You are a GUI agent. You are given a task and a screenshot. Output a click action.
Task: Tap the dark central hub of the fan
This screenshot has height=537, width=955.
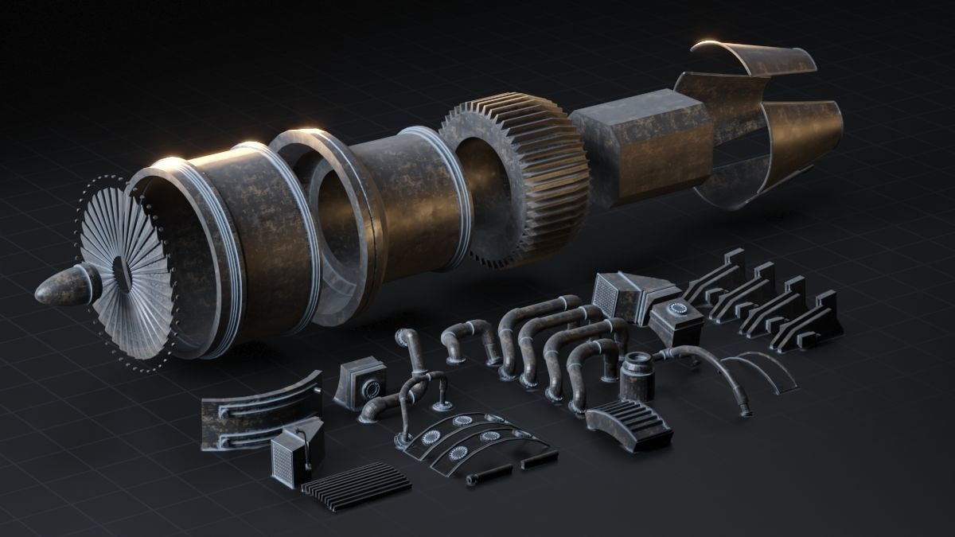(121, 273)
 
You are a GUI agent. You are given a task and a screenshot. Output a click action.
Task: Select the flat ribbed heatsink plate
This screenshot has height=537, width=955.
(357, 483)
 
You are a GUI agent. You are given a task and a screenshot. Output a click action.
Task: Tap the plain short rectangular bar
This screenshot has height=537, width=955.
(538, 460)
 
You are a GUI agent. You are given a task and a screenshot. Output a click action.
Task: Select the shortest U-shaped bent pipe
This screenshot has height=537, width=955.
(470, 338)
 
